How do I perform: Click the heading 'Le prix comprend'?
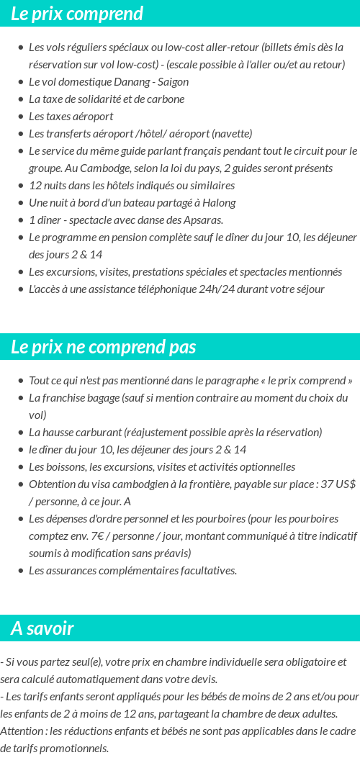77,14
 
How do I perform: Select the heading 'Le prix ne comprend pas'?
103,347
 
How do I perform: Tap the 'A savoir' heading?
42,628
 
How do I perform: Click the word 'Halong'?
219,203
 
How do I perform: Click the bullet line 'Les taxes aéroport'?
71,117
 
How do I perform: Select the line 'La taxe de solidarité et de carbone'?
107,99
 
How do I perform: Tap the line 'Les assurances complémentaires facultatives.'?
132,571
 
